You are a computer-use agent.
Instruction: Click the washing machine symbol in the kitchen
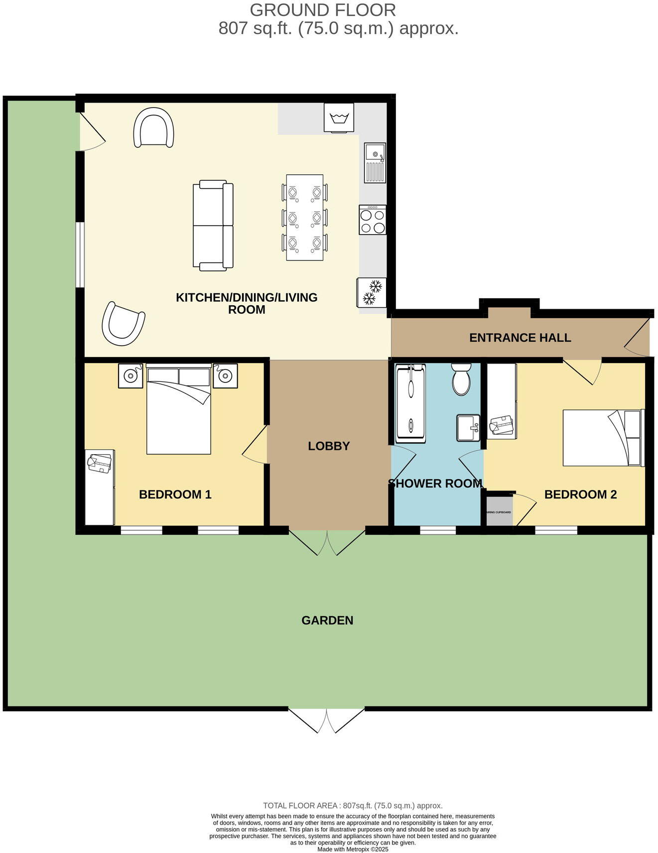339,118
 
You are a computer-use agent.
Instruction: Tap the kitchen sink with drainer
375,162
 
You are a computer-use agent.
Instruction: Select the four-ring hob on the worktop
373,220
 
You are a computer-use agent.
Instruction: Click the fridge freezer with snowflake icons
372,292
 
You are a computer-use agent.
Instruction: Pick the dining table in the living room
304,217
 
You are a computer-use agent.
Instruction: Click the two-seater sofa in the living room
213,225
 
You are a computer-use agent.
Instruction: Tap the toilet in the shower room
461,379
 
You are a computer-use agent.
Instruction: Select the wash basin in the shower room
468,428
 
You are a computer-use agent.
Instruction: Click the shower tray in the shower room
410,403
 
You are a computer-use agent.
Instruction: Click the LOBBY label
329,446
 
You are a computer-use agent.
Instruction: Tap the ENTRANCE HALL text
520,338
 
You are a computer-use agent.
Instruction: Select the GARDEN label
327,620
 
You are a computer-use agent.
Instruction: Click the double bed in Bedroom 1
179,410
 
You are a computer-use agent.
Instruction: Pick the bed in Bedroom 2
602,438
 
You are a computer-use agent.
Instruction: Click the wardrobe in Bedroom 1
100,487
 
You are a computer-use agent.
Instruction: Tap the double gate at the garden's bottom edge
327,720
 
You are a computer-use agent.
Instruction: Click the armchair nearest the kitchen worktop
154,128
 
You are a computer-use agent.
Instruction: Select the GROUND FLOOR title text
323,10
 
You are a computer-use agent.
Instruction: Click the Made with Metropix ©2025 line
353,850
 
